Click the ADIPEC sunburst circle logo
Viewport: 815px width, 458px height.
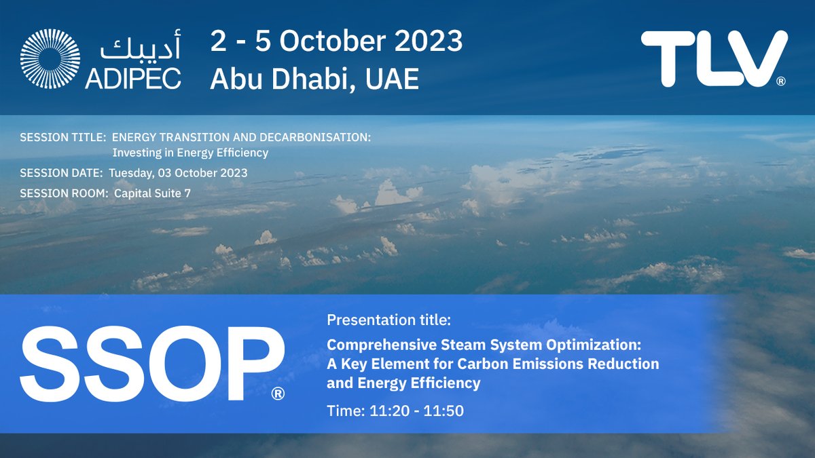(x=50, y=59)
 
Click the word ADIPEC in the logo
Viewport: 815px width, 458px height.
(x=133, y=79)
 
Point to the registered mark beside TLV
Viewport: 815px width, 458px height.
(x=781, y=82)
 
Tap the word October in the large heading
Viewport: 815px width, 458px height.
(x=324, y=42)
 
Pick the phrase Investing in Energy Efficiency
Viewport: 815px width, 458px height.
(x=190, y=153)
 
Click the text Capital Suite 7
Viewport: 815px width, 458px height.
(x=152, y=193)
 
